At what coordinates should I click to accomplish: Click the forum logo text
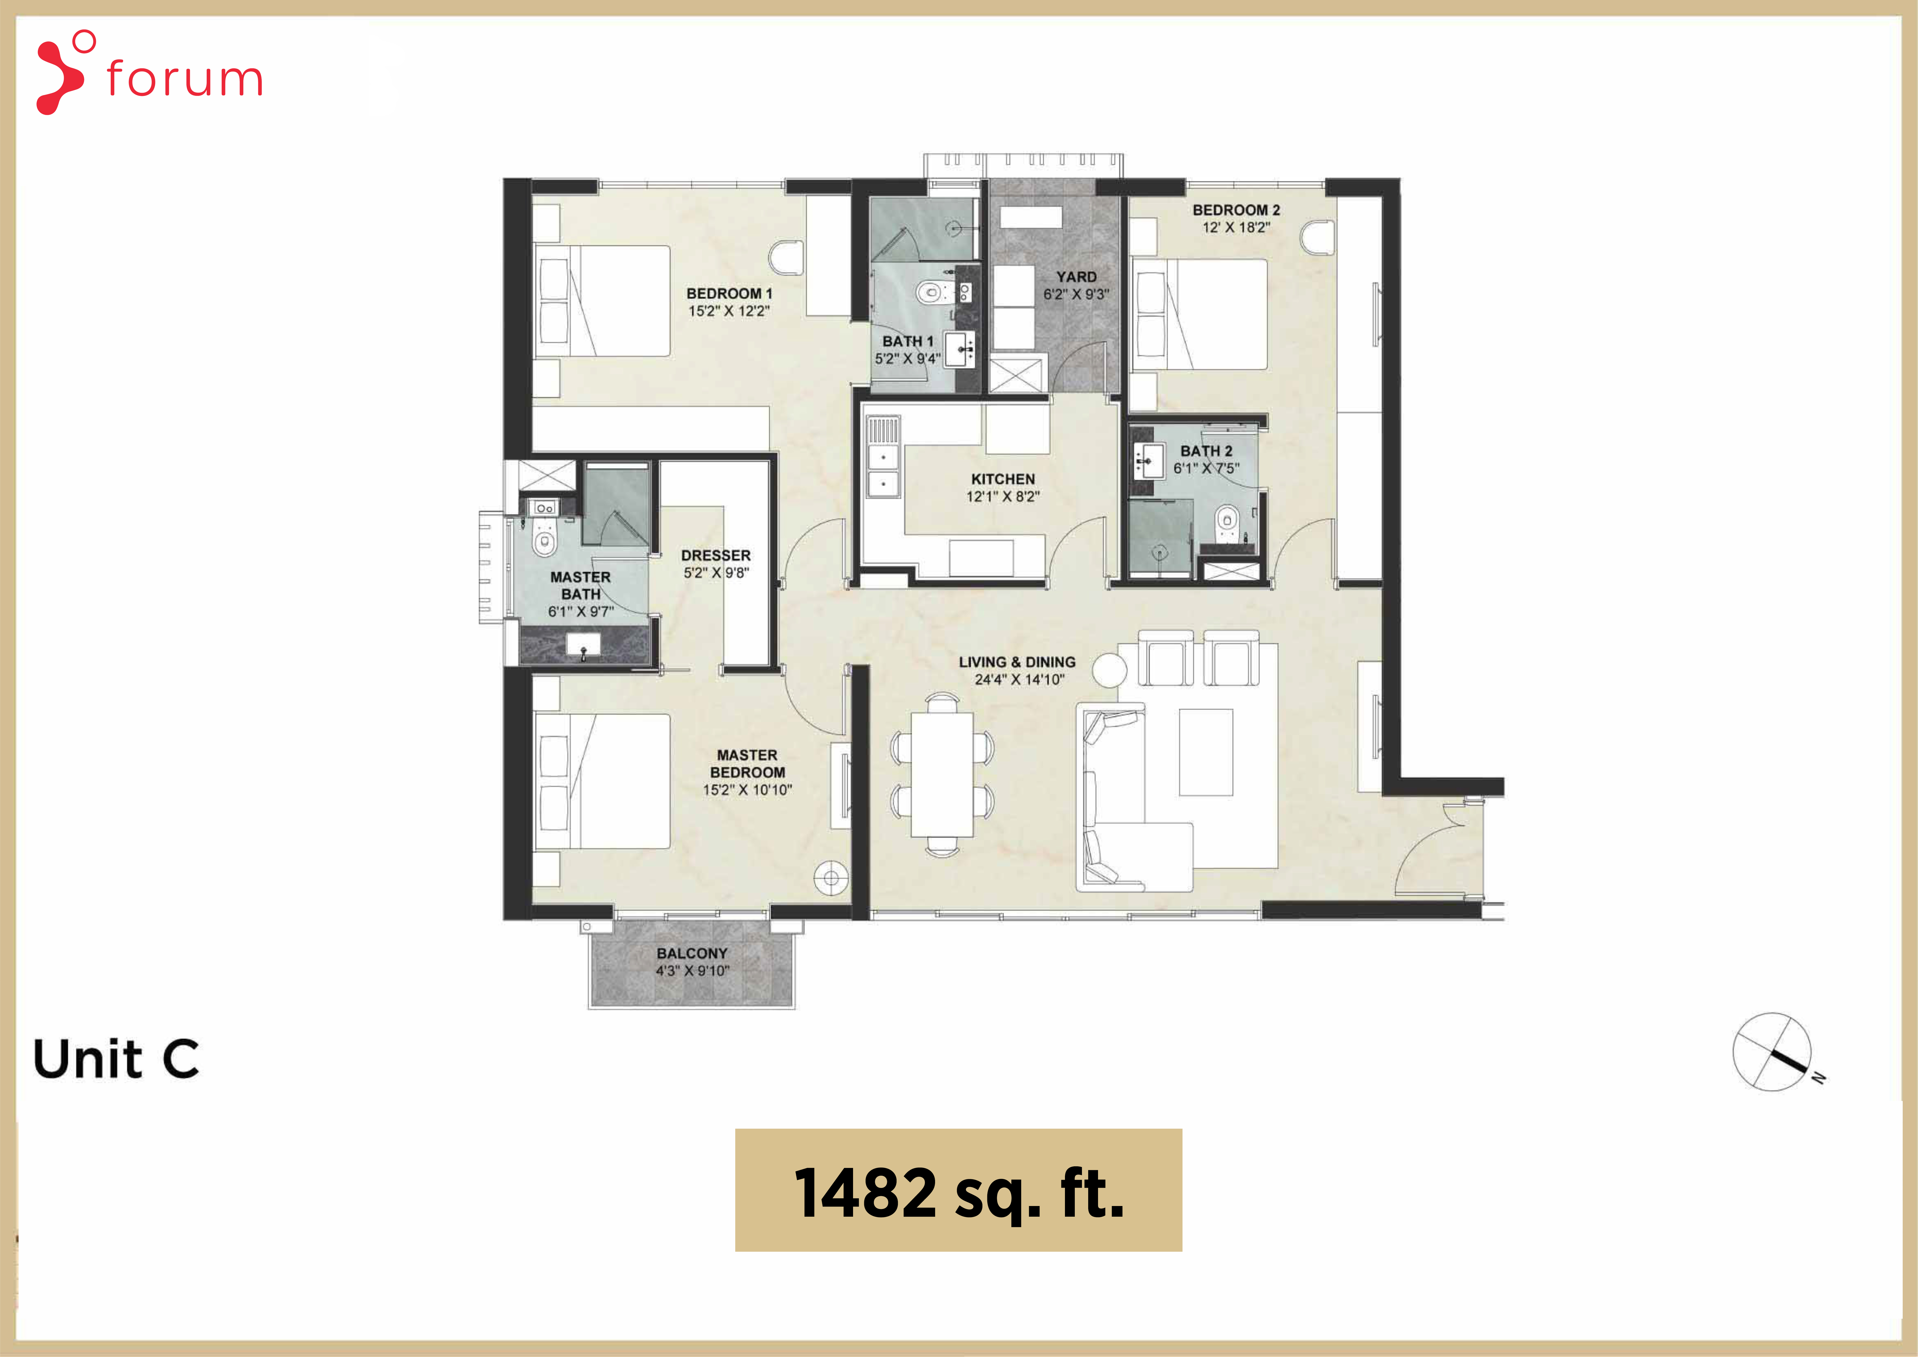pos(185,79)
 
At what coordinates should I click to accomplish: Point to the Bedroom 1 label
pos(729,293)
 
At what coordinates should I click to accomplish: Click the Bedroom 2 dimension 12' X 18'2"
pos(1236,227)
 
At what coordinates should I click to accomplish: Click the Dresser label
pos(716,556)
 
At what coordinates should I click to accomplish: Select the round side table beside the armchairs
pos(1109,670)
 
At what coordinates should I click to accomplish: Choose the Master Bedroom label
pos(748,764)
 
